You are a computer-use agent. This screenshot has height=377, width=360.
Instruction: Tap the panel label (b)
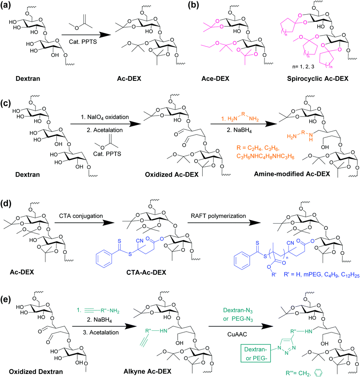click(x=188, y=6)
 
